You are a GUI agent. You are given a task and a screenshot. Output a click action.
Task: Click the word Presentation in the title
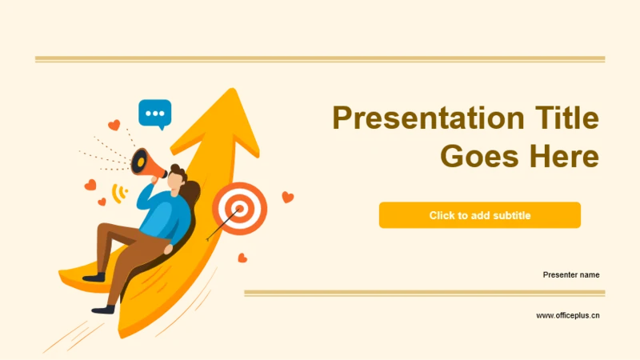[428, 118]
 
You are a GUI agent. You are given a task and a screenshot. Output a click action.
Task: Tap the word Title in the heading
[567, 118]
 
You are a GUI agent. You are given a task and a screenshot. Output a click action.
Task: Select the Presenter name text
[571, 274]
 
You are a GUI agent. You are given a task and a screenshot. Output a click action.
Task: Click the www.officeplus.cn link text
[568, 315]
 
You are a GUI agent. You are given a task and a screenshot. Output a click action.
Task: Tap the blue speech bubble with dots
[154, 114]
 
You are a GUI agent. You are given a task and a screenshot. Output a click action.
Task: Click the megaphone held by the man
[147, 164]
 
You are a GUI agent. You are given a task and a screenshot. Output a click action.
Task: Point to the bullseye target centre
[240, 209]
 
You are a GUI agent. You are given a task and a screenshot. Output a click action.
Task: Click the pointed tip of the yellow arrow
[233, 89]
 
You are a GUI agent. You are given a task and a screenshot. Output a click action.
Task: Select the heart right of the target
[288, 197]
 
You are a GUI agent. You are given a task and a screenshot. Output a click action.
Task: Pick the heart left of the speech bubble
[114, 125]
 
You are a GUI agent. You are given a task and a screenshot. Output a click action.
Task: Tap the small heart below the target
[242, 258]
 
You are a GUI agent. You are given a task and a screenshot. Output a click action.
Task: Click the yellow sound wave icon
[119, 193]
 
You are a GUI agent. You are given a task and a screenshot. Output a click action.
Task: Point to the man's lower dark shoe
[104, 310]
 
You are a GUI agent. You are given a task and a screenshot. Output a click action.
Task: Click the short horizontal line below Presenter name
[425, 293]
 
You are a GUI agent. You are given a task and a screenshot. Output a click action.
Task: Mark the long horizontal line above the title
[320, 59]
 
